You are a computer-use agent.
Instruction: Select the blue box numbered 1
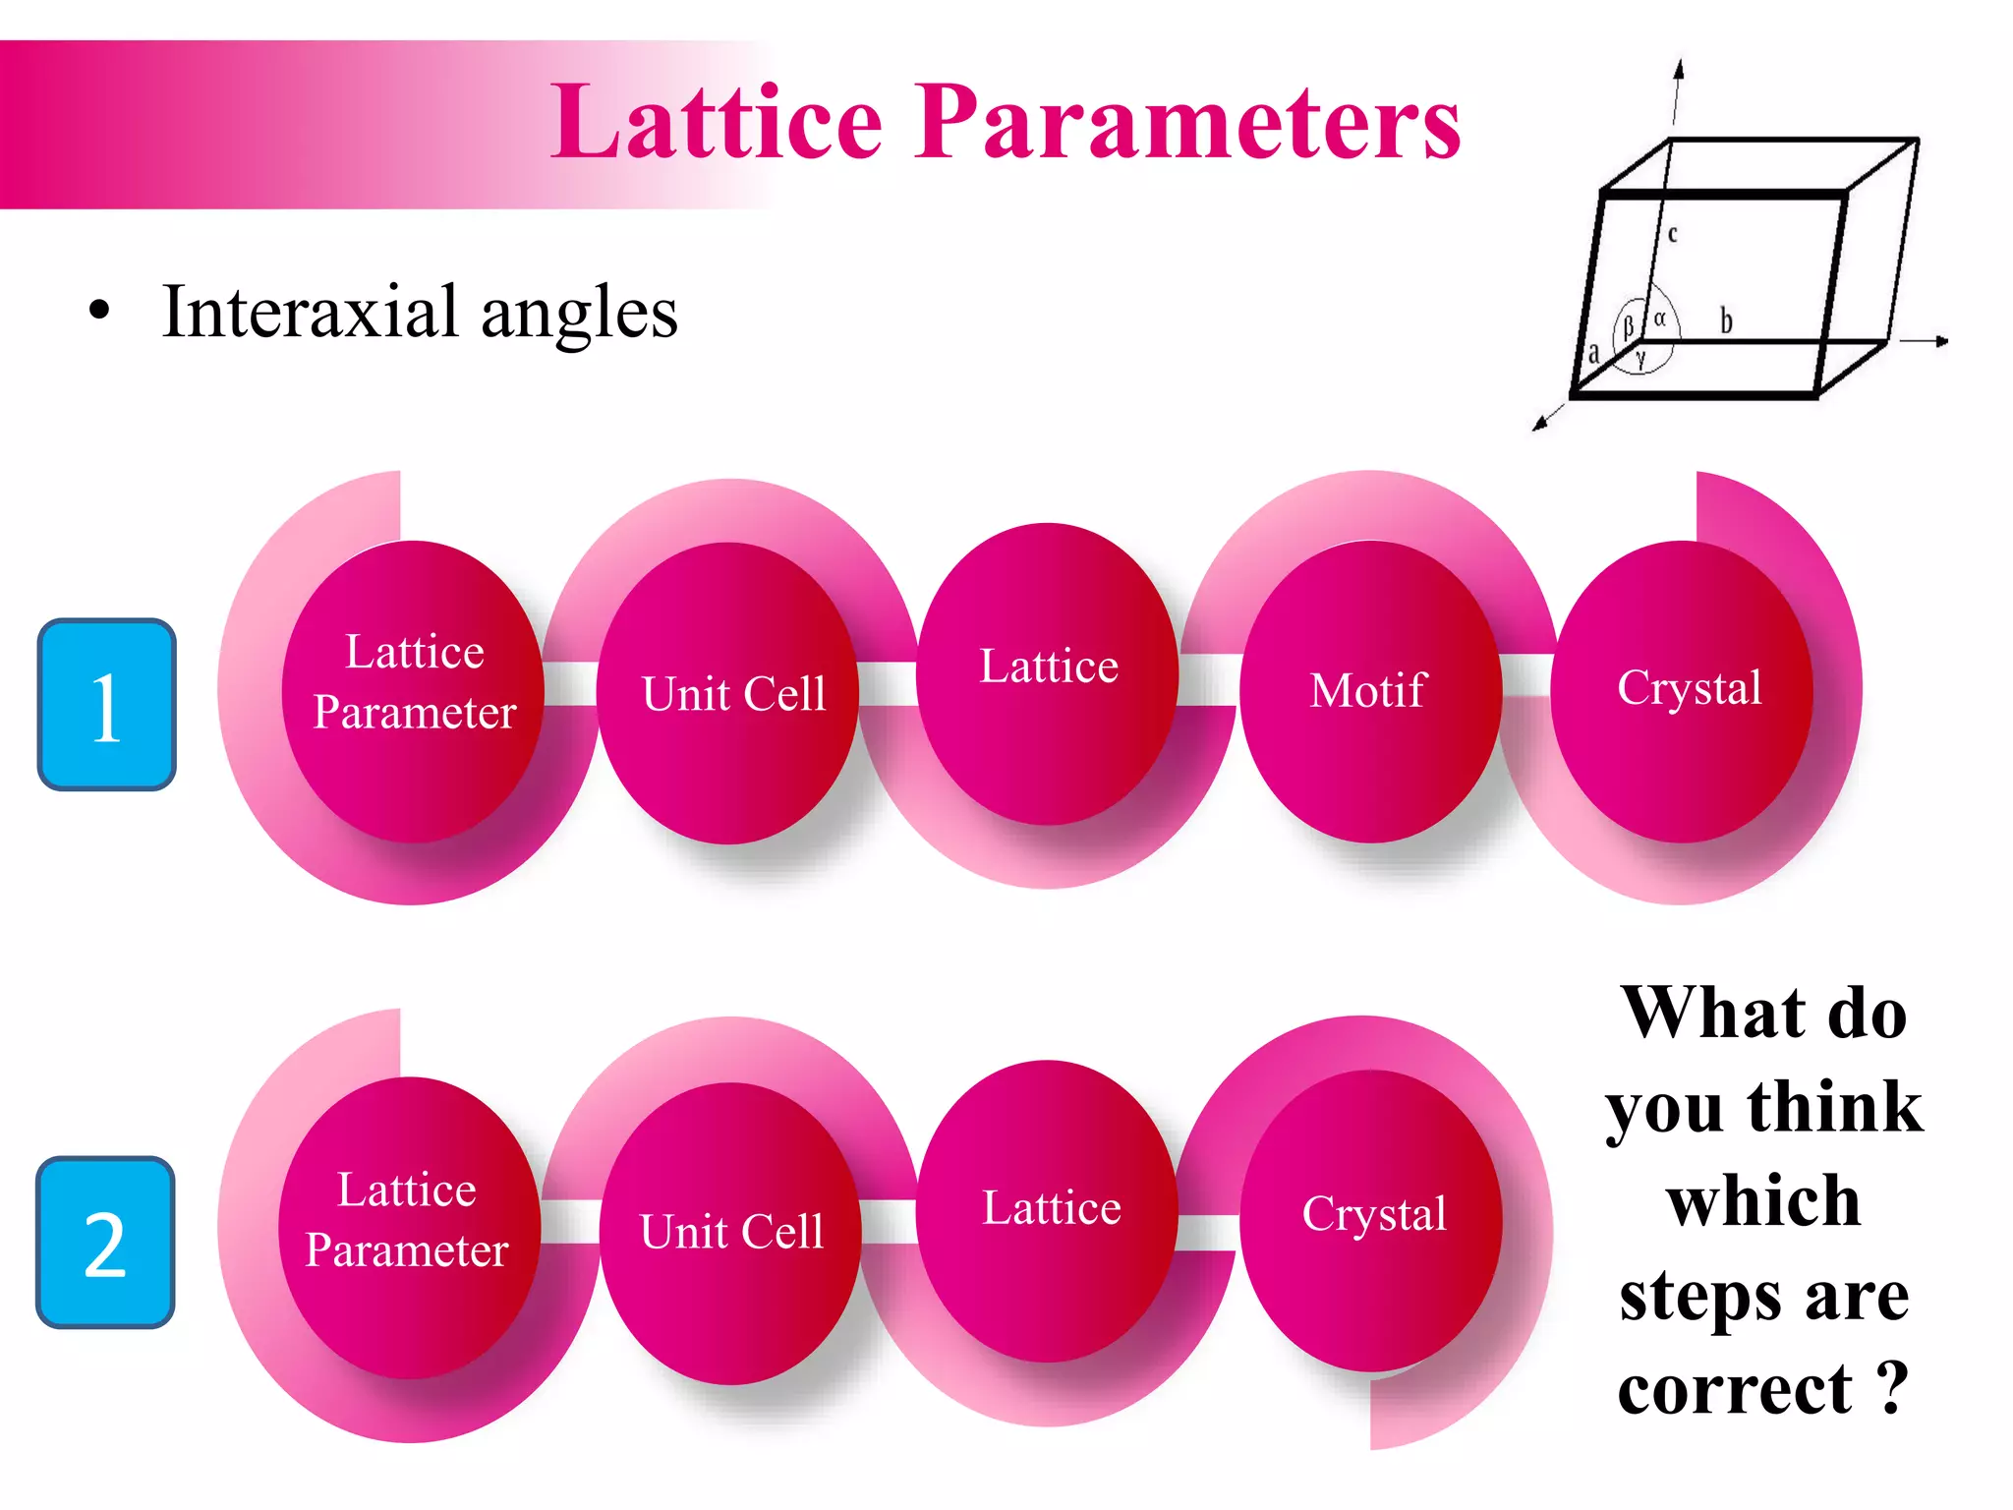(106, 704)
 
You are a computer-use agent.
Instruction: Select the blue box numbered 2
(105, 1243)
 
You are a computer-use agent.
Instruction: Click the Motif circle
(1369, 691)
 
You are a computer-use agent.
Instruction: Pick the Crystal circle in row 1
(1688, 689)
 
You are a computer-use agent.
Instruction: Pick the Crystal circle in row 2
(1373, 1215)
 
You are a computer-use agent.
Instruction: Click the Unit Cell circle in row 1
(731, 694)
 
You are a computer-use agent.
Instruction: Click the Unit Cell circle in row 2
(731, 1232)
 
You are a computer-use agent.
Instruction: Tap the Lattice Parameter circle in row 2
(408, 1221)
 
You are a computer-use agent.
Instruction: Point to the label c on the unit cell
(1672, 234)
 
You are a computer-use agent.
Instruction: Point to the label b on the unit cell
(1726, 320)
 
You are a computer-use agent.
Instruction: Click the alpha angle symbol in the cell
(1659, 319)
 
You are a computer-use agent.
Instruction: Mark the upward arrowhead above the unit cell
(1679, 68)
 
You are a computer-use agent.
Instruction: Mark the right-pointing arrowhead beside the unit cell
(1941, 341)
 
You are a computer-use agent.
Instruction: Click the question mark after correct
(1893, 1388)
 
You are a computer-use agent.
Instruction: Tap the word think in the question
(1834, 1107)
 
